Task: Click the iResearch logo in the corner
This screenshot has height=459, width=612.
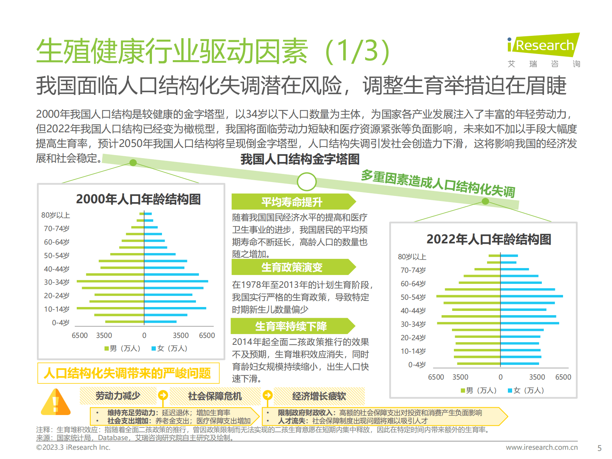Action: coord(543,46)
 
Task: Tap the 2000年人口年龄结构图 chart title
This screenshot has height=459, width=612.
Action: coord(138,199)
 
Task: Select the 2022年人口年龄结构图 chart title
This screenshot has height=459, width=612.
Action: coord(489,240)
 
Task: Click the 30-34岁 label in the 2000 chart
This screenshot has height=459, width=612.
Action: coord(57,282)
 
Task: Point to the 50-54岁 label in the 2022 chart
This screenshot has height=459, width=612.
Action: coord(413,297)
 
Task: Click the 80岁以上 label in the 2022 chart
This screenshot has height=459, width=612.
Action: coord(412,257)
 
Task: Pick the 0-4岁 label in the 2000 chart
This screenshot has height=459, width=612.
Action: coord(61,323)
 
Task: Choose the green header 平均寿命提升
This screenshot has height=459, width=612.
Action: coord(292,202)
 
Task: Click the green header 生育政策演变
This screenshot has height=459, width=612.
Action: coord(292,267)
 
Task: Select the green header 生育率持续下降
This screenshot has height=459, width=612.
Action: coord(291,327)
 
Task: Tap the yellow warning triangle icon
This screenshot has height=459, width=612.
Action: coord(56,402)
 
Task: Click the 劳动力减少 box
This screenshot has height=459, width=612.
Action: coord(118,396)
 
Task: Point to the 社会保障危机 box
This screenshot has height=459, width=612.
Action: coord(215,396)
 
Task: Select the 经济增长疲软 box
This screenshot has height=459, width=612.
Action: coord(319,396)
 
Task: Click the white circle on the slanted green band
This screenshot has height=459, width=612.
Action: coord(307,181)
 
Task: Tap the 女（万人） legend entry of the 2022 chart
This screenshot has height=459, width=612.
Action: coord(526,390)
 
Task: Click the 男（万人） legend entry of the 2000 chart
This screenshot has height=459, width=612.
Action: coord(122,348)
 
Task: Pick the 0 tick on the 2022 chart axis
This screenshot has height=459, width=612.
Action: coord(501,377)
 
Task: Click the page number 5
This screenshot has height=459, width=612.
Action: coord(599,448)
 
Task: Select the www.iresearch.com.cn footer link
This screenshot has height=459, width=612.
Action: coord(541,447)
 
